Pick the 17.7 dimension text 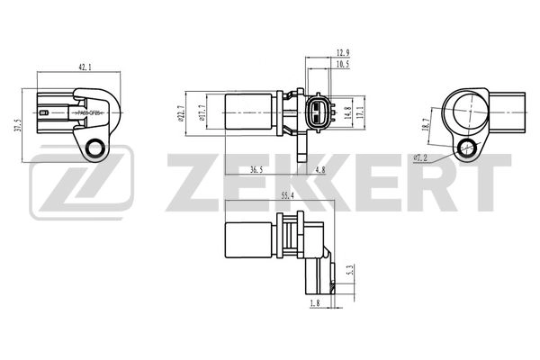[x=202, y=112]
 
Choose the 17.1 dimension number [x=360, y=112]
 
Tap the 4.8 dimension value [x=319, y=168]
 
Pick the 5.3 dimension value [x=350, y=268]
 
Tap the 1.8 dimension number [x=314, y=303]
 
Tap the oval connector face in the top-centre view [x=315, y=112]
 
